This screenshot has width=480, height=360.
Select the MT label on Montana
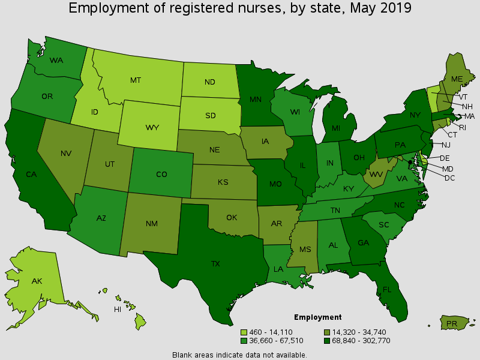(x=136, y=80)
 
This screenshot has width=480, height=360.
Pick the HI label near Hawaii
(x=118, y=310)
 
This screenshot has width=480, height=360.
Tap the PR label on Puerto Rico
(x=451, y=324)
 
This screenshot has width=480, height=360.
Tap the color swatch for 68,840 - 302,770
(x=327, y=340)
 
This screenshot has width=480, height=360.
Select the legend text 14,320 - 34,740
(x=356, y=332)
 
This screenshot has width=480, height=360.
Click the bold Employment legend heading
(x=317, y=317)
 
